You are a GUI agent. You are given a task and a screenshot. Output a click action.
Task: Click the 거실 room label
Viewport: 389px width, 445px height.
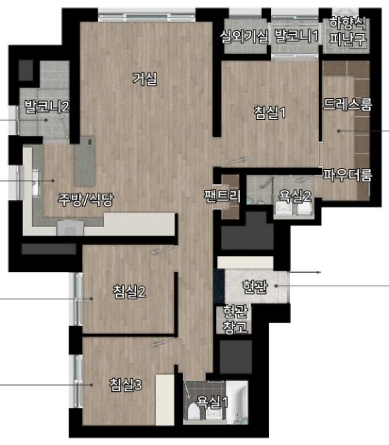click(145, 78)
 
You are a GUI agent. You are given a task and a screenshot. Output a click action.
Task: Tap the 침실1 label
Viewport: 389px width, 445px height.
click(270, 112)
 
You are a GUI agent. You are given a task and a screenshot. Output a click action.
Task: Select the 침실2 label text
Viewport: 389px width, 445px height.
click(129, 291)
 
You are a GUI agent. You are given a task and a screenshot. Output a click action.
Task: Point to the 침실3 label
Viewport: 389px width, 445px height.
click(126, 385)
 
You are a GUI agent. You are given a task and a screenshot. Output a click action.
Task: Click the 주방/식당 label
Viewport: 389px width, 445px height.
click(86, 199)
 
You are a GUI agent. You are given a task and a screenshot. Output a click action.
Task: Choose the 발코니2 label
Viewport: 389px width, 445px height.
click(47, 106)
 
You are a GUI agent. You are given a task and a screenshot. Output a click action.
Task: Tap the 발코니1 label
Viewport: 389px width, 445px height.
click(297, 36)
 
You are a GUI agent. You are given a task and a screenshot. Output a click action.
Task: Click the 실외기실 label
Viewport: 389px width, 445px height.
click(244, 36)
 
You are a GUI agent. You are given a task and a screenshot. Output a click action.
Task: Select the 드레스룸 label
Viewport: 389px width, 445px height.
click(348, 104)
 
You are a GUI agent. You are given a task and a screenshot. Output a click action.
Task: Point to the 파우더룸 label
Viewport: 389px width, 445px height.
click(348, 175)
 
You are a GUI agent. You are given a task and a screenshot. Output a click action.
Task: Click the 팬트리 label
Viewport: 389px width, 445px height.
click(222, 195)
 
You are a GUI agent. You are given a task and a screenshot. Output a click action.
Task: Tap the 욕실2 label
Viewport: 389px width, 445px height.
click(294, 196)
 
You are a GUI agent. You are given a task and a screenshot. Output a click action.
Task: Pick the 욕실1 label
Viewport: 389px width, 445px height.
click(212, 402)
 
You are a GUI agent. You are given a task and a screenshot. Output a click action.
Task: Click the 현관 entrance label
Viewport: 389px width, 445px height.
click(255, 287)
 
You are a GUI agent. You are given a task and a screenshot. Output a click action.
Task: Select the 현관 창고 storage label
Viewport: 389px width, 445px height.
click(235, 320)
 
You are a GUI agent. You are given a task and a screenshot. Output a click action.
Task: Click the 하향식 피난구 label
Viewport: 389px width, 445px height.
click(348, 31)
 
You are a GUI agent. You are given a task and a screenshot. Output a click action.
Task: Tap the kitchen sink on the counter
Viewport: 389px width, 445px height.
click(35, 182)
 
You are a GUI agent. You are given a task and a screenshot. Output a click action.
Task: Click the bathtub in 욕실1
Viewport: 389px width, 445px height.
click(237, 402)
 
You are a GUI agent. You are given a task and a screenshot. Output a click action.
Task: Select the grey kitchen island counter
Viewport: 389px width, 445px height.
click(84, 161)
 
